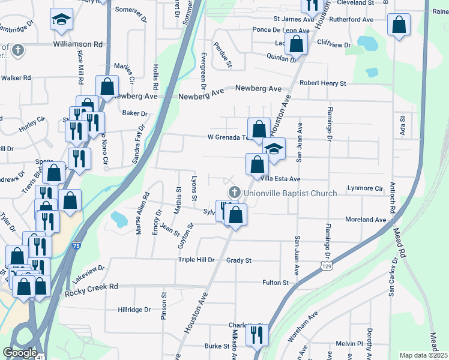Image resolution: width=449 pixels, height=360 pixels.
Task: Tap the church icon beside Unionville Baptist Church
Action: [x=234, y=193]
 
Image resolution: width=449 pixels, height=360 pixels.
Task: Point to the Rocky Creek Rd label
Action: [x=92, y=288]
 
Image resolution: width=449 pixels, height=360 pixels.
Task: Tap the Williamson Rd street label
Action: [x=78, y=44]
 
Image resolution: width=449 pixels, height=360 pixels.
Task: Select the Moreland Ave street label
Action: [x=366, y=220]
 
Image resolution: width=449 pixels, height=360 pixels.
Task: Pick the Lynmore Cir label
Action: [x=366, y=188]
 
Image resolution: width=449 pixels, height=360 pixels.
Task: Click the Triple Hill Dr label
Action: [x=196, y=260]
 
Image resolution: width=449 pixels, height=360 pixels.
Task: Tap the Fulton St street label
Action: [x=276, y=282]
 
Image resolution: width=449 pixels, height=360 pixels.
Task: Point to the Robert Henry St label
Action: [x=323, y=83]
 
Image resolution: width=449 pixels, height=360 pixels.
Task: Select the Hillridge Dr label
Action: [x=134, y=310]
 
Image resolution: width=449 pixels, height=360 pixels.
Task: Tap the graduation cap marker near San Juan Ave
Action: [x=274, y=149]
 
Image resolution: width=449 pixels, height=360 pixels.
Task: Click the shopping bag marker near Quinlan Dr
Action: [x=296, y=43]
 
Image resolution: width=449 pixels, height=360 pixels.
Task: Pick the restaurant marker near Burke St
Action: [x=257, y=336]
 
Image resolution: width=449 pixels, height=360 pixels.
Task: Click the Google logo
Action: [x=20, y=353]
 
